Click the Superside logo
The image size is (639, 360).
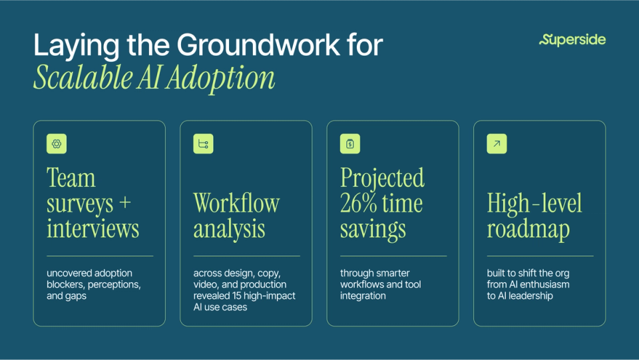(x=572, y=40)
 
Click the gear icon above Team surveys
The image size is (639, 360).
(x=57, y=144)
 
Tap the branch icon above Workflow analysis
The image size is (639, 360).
(x=203, y=144)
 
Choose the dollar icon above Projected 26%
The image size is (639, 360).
(x=350, y=144)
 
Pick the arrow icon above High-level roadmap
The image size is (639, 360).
(x=497, y=144)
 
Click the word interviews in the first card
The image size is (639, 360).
(x=93, y=228)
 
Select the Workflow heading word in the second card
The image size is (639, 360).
(x=236, y=203)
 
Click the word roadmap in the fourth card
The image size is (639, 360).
(x=528, y=228)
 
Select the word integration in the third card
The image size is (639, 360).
(x=363, y=295)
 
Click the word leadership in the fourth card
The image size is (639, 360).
(x=528, y=295)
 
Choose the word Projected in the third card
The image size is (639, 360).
(x=382, y=178)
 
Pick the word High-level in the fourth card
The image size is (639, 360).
(x=534, y=203)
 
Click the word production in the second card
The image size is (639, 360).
(x=264, y=284)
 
